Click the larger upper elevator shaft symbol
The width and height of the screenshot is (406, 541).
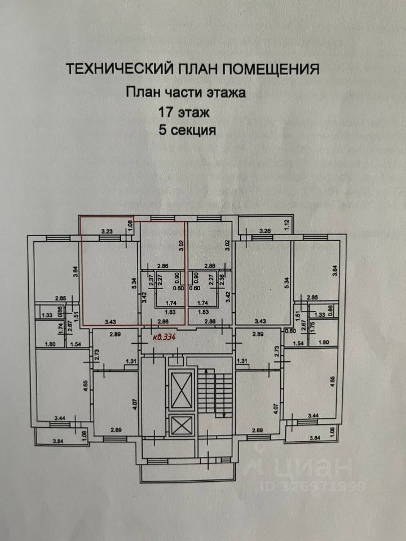pos(182,390)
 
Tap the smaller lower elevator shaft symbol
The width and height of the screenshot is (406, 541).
pos(182,424)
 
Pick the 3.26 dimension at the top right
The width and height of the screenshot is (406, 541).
pos(266,230)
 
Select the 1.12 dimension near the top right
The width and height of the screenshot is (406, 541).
pos(286,224)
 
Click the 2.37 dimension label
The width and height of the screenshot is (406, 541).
pos(152,280)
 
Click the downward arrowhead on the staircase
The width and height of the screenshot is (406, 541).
pos(224,415)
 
